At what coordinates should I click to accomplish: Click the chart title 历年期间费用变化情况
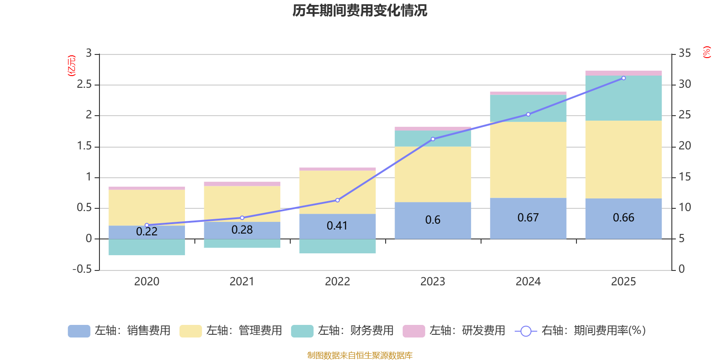(360, 10)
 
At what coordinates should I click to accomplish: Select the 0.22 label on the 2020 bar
(147, 232)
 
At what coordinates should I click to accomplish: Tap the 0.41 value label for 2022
(337, 225)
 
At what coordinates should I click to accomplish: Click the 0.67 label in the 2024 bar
(528, 218)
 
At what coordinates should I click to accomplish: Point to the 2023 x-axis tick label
(432, 282)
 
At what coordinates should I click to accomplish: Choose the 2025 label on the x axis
(623, 282)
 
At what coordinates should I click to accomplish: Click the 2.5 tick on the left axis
(84, 85)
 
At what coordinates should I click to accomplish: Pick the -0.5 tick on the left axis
(82, 269)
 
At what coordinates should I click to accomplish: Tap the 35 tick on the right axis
(684, 54)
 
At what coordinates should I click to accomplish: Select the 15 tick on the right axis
(684, 177)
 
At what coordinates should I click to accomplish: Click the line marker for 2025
(623, 78)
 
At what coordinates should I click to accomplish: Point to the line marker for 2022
(337, 200)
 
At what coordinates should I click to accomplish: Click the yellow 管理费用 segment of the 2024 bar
(528, 160)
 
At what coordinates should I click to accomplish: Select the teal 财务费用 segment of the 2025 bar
(623, 98)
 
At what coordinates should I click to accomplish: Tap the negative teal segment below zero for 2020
(147, 247)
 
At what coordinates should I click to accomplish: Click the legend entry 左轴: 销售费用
(120, 331)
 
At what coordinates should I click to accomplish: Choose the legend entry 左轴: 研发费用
(454, 331)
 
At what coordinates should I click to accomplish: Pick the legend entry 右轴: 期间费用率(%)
(580, 331)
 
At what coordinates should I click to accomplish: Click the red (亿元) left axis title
(72, 66)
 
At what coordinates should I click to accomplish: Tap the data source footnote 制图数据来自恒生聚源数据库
(360, 355)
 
